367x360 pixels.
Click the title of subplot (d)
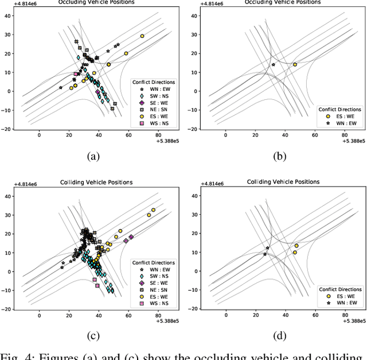(283, 182)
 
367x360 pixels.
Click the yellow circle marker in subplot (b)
(295, 64)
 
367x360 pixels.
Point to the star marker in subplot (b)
(273, 64)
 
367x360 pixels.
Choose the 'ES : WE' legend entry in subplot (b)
(344, 115)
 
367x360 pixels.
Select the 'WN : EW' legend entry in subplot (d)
(344, 303)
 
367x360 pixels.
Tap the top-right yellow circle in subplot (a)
(142, 36)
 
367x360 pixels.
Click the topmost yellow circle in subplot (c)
(153, 210)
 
